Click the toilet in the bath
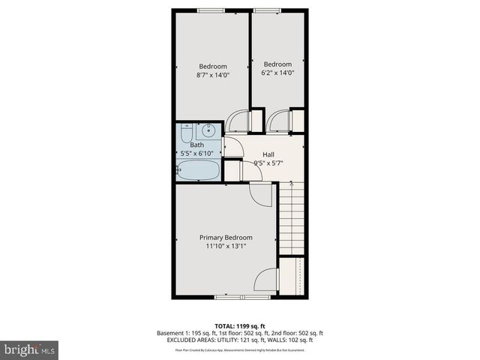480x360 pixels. click(x=187, y=133)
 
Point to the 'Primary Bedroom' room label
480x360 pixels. click(x=226, y=238)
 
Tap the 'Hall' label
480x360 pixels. click(x=268, y=154)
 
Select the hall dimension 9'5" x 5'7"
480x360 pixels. click(x=268, y=162)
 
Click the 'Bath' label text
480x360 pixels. click(x=196, y=145)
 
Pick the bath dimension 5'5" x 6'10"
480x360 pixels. click(x=197, y=154)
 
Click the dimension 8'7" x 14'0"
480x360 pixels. click(x=212, y=75)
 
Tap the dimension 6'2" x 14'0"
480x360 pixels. click(x=277, y=73)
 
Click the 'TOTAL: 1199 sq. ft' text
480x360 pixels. click(x=240, y=325)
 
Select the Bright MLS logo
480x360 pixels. click(x=30, y=349)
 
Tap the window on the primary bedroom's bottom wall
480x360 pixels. click(x=241, y=298)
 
